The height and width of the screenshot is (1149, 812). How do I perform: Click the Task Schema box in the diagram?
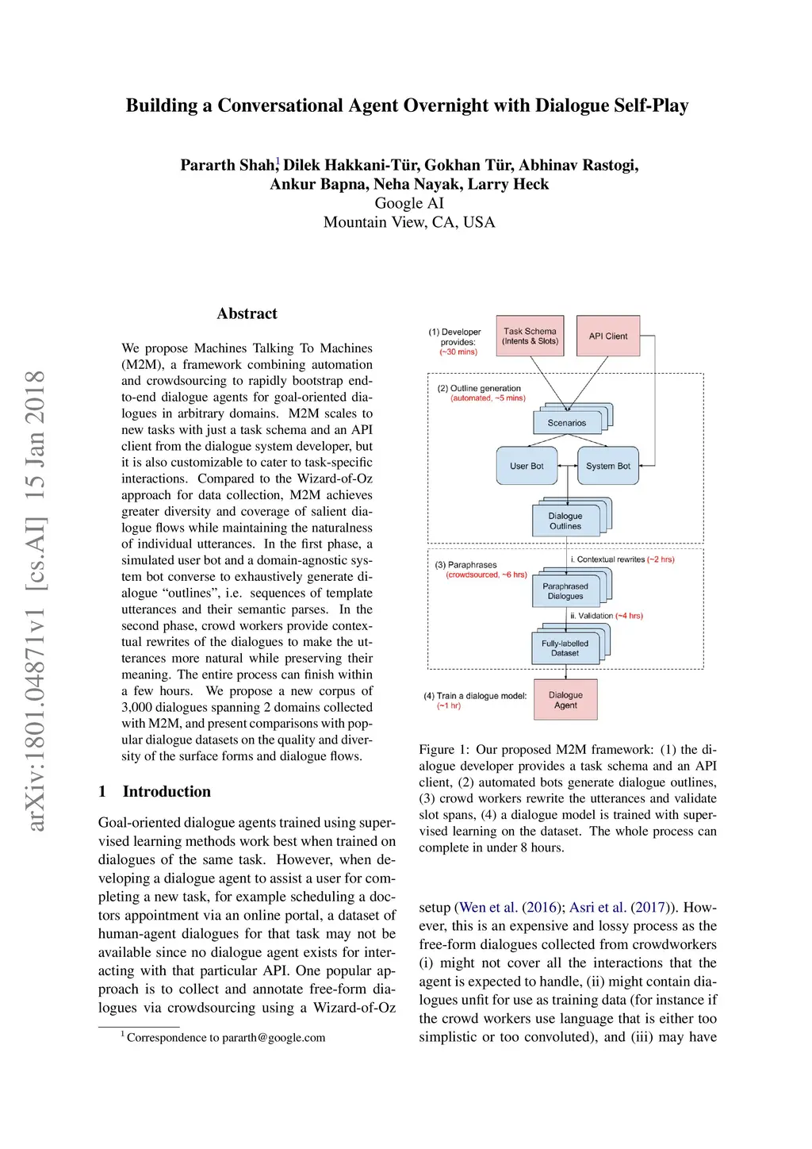[x=530, y=336]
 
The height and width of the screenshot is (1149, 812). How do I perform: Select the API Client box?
[x=607, y=336]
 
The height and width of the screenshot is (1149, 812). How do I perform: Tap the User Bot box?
[x=527, y=466]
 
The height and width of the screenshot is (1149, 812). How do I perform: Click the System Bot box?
[x=607, y=466]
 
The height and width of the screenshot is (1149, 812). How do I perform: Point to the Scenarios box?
[x=566, y=423]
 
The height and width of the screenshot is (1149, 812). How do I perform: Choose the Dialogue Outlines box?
[x=565, y=521]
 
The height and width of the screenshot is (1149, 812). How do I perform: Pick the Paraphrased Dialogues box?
[x=565, y=591]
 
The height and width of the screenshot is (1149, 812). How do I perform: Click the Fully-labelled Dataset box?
[x=565, y=648]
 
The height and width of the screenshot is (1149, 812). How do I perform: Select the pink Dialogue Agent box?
[x=565, y=700]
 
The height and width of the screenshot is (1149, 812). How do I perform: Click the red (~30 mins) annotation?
[x=458, y=352]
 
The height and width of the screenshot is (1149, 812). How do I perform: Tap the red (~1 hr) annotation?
[x=448, y=705]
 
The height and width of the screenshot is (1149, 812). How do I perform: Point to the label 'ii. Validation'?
[x=592, y=616]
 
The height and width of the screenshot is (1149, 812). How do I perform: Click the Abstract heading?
[x=247, y=313]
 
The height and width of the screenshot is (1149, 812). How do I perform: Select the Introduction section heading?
[x=167, y=791]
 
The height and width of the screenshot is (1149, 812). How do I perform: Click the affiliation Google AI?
[x=409, y=203]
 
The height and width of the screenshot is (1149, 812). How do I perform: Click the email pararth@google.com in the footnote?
[x=274, y=1037]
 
